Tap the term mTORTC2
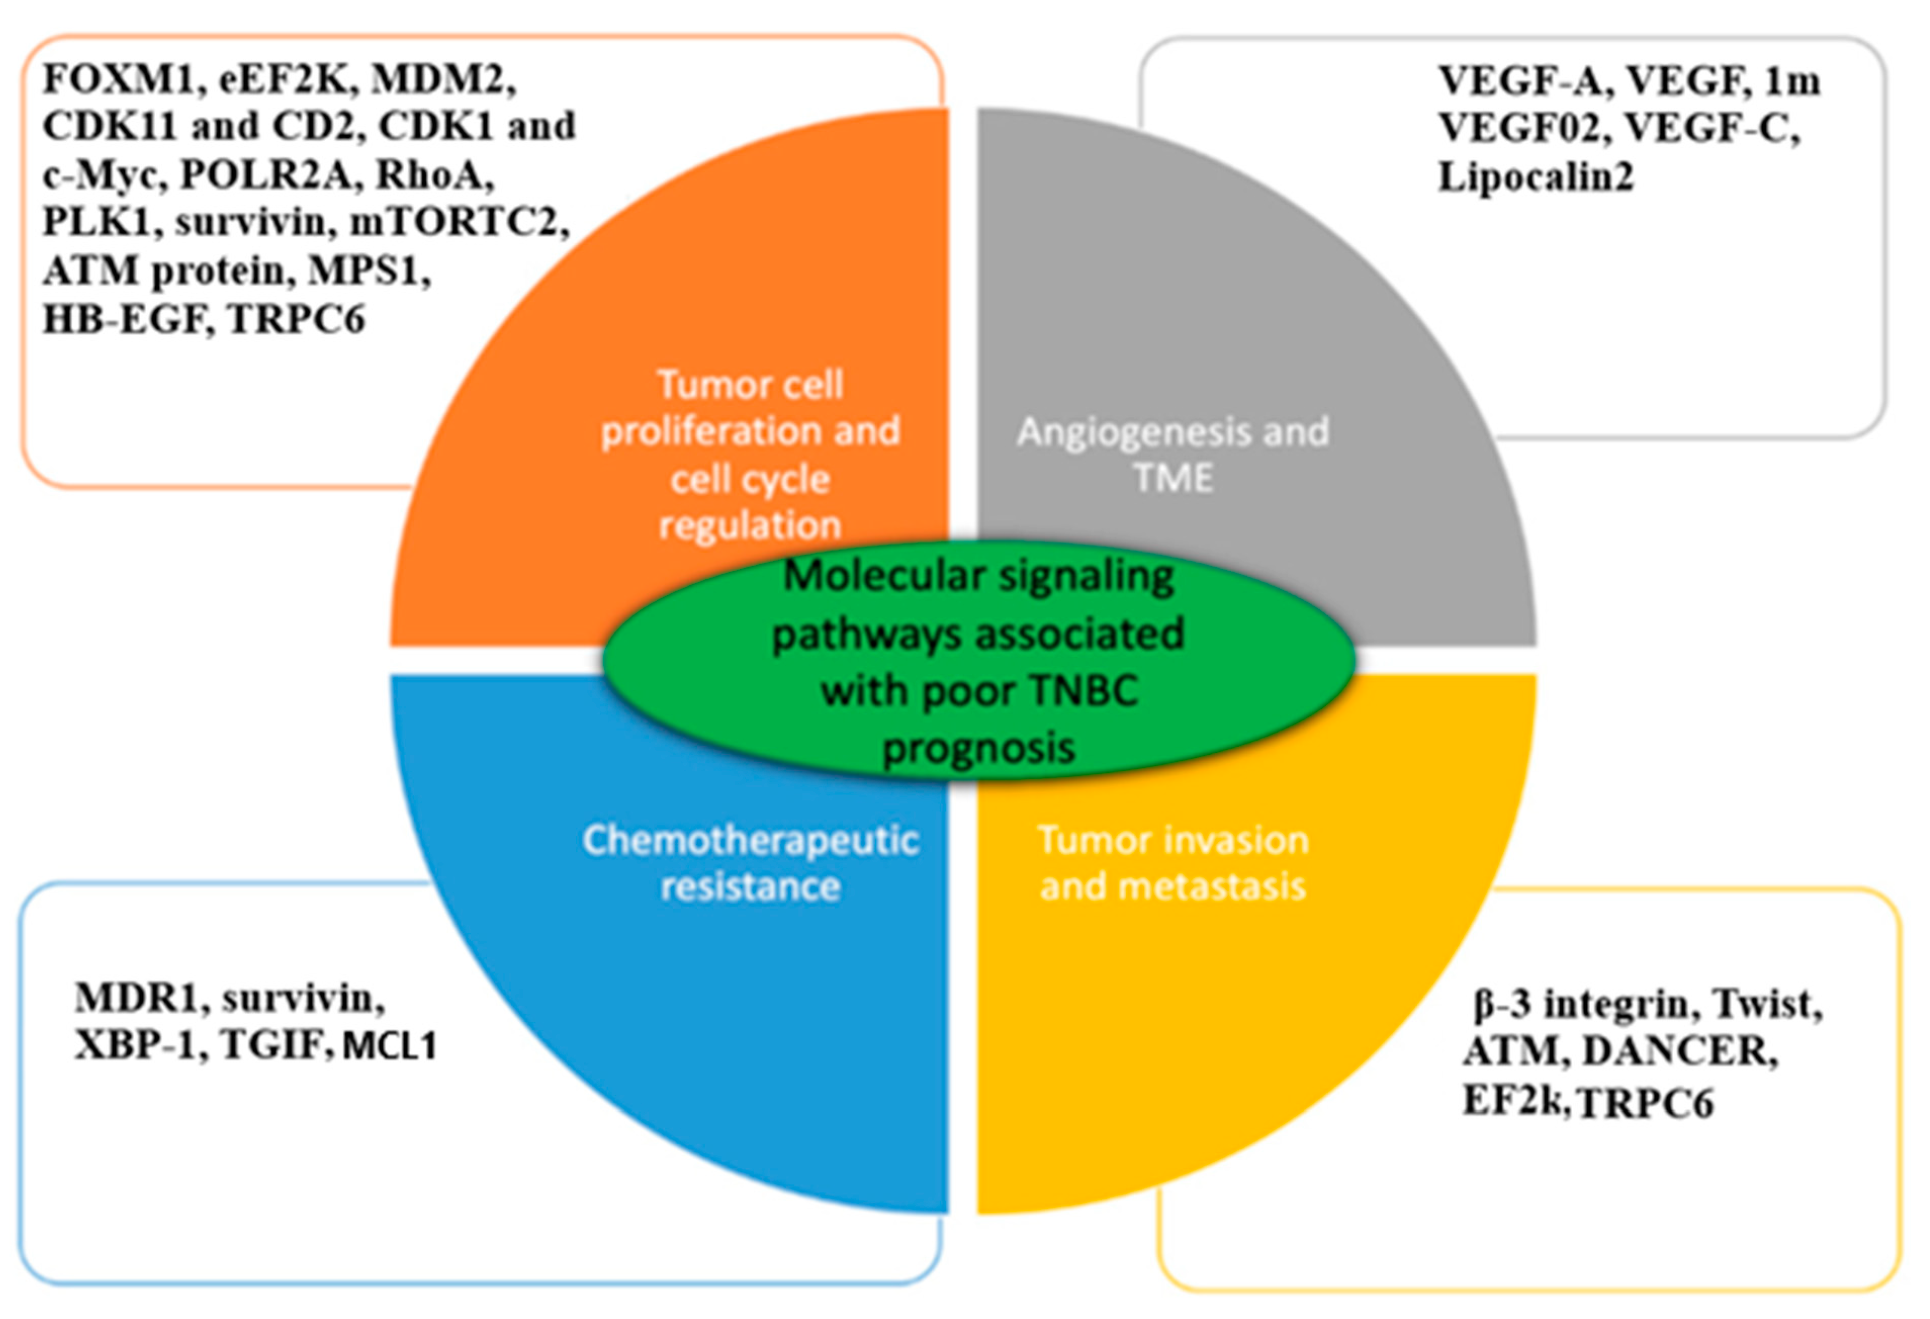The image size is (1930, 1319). (459, 222)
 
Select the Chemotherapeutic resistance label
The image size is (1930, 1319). (750, 863)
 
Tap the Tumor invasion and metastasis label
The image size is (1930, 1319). (1173, 863)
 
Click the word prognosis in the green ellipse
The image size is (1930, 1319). (978, 748)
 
